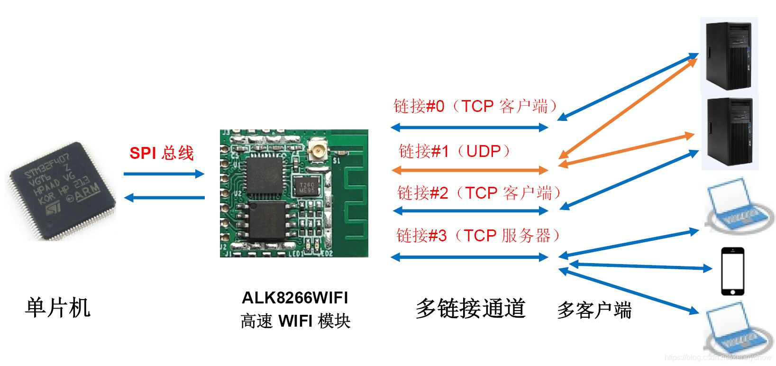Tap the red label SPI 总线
pos(162,153)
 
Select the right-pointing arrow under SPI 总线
pos(164,174)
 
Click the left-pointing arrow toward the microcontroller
pos(164,197)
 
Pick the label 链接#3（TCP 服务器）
pos(479,235)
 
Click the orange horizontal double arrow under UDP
pos(469,170)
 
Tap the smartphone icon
pos(732,272)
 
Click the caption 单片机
pos(57,308)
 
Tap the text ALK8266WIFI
pos(295,298)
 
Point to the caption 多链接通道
pos(470,308)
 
